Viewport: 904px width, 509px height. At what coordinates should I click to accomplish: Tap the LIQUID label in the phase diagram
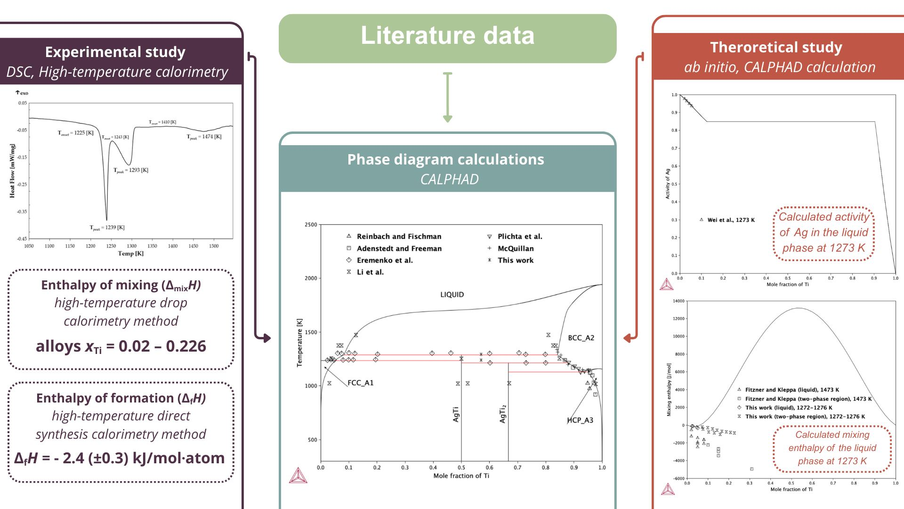tap(452, 295)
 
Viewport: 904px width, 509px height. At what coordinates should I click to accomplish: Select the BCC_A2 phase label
tap(581, 338)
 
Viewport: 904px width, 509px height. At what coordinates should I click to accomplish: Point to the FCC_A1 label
tap(360, 383)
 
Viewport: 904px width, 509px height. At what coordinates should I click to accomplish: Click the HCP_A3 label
tap(580, 420)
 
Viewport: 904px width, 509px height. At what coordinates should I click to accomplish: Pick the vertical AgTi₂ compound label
tap(503, 413)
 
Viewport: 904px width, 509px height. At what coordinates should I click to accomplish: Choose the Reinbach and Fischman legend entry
tap(399, 237)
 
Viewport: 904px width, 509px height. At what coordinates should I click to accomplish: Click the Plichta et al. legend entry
tap(520, 237)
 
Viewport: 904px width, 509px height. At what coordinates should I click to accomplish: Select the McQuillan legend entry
tap(516, 248)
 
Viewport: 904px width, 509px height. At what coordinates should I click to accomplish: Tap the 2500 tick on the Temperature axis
tap(311, 225)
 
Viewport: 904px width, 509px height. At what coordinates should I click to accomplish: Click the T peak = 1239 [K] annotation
tap(107, 228)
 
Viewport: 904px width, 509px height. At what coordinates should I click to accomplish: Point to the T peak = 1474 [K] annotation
tap(204, 137)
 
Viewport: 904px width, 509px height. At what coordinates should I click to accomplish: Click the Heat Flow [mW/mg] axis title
tap(12, 171)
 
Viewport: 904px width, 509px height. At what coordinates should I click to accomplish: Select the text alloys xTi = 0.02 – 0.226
tap(121, 346)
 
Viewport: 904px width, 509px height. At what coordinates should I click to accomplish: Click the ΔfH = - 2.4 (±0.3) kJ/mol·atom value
tap(120, 458)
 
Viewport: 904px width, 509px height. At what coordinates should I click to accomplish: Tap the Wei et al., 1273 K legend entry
tap(731, 220)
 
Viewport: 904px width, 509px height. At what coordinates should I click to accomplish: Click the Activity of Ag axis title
tap(667, 184)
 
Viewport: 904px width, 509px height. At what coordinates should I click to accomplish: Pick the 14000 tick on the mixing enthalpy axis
tap(678, 301)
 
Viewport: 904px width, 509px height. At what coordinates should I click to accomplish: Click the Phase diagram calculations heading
tap(445, 160)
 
